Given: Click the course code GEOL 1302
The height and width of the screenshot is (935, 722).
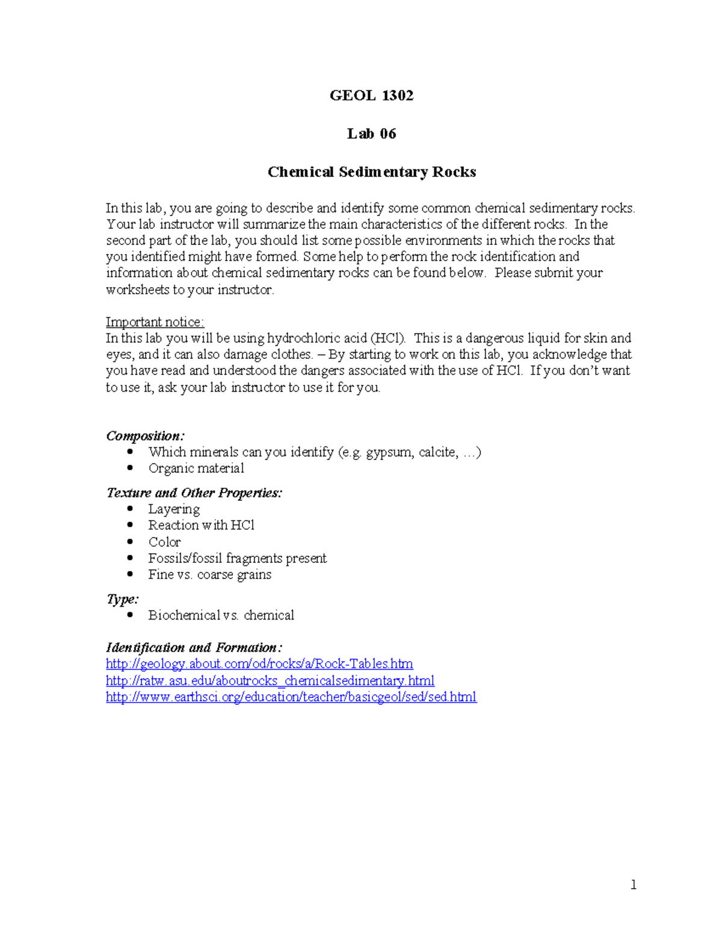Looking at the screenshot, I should [371, 95].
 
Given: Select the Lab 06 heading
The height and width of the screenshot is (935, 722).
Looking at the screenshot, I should [371, 134].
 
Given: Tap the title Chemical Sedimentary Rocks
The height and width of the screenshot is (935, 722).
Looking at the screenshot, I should [371, 172].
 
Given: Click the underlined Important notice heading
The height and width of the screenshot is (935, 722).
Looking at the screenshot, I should [155, 322].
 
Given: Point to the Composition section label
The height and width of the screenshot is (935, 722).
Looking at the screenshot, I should [145, 436].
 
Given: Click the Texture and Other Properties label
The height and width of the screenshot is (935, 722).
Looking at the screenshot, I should [194, 493].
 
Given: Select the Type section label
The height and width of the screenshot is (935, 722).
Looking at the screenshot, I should [122, 599].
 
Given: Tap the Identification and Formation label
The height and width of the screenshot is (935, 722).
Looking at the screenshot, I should [194, 648].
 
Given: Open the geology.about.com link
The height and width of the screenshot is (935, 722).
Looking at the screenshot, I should [259, 664].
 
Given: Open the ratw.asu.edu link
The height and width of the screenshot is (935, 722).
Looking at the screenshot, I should [270, 681].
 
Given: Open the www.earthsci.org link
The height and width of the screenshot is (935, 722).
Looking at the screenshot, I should [291, 697].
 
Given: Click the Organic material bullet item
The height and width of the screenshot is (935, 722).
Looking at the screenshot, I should [196, 468].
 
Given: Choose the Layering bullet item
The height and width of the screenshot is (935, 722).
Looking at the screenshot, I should [174, 509].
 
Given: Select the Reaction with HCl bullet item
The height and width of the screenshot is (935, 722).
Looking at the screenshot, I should [201, 526].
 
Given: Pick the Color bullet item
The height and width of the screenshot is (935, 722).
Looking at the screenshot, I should [164, 542].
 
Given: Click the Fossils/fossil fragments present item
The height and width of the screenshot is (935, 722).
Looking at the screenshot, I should [237, 558].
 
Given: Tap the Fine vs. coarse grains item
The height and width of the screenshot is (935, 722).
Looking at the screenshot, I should [209, 574].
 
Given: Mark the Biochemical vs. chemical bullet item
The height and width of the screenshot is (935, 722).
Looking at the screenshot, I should [221, 615].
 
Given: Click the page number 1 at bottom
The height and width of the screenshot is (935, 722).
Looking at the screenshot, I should [633, 884].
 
